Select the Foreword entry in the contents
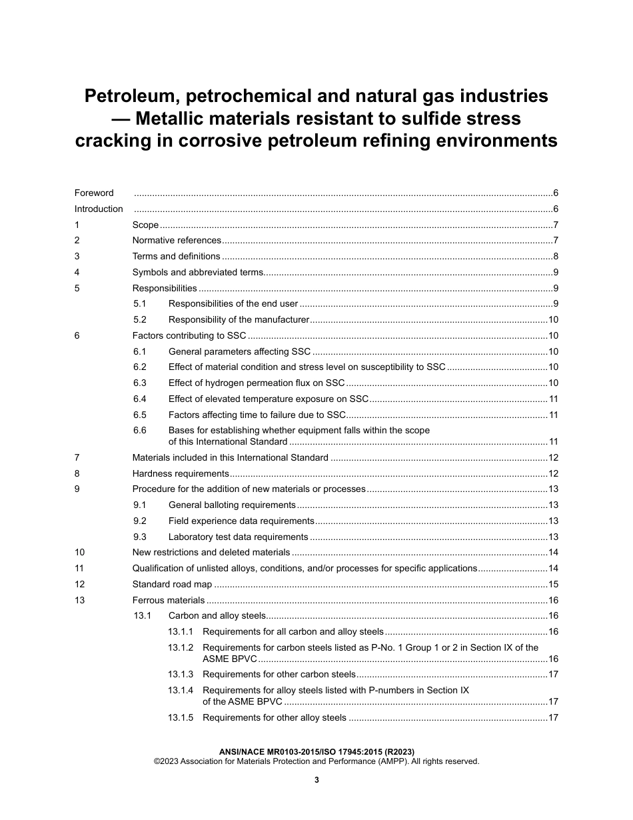tap(94, 193)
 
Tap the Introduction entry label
tap(99, 209)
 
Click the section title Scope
tap(145, 225)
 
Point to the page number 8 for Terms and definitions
tap(555, 257)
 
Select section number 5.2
tap(139, 320)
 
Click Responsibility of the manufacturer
tap(239, 320)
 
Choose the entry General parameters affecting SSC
tap(239, 351)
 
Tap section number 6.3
tap(139, 383)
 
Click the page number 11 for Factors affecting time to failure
tap(553, 415)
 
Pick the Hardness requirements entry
tap(181, 473)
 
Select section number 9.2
tap(139, 521)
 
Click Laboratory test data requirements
tap(238, 537)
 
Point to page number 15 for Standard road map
tap(552, 585)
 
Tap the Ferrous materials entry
tap(169, 600)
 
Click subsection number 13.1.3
tap(181, 675)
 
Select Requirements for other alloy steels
tap(274, 718)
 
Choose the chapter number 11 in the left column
tap(79, 569)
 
